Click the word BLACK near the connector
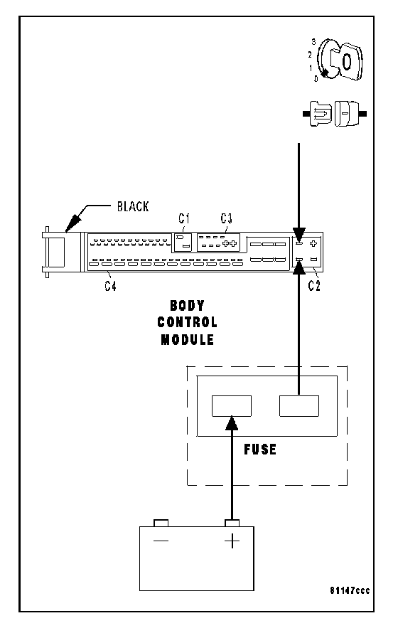tap(133, 206)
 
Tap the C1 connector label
tap(184, 218)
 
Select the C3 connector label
tap(226, 218)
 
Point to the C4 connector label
tap(110, 286)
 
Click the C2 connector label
tap(314, 286)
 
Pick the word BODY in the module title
tap(187, 306)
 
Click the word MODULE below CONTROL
tap(187, 339)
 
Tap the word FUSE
tap(260, 450)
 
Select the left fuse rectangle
tap(232, 405)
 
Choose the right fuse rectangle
tap(299, 405)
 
